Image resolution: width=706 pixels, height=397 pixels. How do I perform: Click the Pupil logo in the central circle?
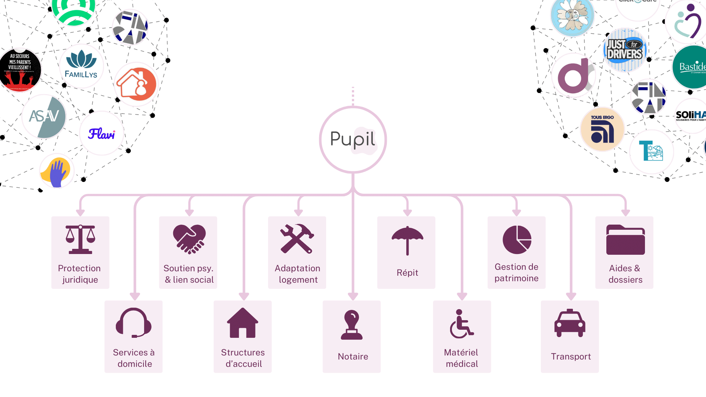353,139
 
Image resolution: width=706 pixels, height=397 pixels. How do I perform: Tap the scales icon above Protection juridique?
80,239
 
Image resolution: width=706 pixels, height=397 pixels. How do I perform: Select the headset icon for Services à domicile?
133,323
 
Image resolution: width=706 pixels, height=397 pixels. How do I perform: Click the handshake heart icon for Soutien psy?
189,239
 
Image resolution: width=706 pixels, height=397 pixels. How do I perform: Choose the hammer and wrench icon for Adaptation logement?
297,239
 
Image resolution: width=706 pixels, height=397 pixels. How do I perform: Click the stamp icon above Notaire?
352,325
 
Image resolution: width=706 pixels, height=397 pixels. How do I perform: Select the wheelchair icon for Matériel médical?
461,324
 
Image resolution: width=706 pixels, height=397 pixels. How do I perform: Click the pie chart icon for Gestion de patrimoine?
517,240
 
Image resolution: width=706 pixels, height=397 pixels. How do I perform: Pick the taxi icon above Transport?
570,323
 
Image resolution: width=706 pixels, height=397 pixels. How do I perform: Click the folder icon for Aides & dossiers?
625,240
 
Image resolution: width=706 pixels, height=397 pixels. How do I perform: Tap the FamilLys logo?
81,66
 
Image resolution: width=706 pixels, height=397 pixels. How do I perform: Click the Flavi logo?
101,133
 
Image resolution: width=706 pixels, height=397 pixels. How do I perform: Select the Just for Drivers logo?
625,50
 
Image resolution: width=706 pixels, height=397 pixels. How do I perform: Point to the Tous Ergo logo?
602,129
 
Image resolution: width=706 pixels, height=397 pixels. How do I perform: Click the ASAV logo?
44,117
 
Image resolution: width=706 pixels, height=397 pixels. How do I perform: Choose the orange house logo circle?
136,84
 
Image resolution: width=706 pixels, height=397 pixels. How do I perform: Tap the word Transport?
571,356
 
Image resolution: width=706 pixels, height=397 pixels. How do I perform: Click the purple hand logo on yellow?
57,171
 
